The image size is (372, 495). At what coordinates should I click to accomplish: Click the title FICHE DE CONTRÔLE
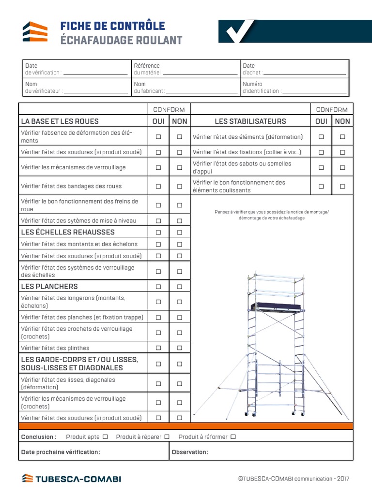point(112,26)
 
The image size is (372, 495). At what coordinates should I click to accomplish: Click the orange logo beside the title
point(35,32)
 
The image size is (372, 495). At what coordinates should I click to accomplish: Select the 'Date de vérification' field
point(95,73)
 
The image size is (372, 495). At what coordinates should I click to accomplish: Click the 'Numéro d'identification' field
point(314,91)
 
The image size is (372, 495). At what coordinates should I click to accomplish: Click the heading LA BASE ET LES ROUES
point(60,121)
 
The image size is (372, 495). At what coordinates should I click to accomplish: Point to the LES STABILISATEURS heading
point(250,121)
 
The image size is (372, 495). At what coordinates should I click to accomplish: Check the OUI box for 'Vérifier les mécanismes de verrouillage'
point(158,168)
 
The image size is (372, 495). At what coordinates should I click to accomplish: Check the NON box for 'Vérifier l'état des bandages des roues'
point(180,186)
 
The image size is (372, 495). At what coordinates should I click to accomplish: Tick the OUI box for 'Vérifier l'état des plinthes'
point(158,348)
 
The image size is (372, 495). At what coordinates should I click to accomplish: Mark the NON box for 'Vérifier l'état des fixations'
point(342,152)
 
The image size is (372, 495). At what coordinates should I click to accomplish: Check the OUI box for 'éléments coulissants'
point(321,186)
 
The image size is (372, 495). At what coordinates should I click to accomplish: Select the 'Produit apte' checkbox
point(105,437)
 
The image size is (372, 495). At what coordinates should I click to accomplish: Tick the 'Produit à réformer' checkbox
point(233,437)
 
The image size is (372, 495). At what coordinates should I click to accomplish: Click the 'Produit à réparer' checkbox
point(167,437)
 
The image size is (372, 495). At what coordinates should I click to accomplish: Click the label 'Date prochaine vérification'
point(61,452)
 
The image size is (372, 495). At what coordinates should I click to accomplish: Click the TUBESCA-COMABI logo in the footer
point(72,479)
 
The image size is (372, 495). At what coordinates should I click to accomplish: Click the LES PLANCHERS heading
point(49,286)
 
